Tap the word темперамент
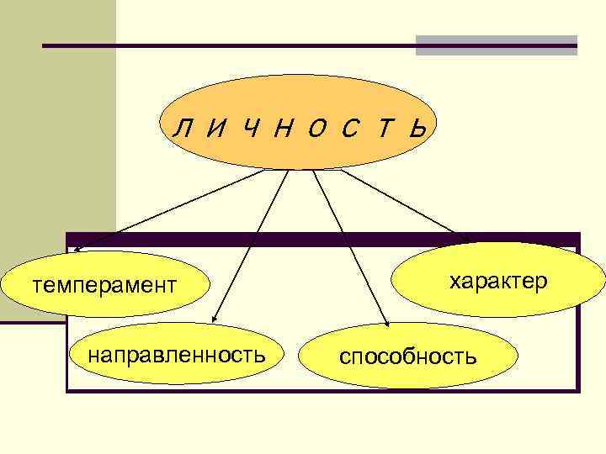pyautogui.click(x=104, y=285)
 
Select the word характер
pyautogui.click(x=498, y=280)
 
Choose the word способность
pyautogui.click(x=408, y=356)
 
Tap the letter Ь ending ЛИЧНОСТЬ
pyautogui.click(x=419, y=129)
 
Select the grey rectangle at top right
pyautogui.click(x=497, y=45)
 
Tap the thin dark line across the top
pyautogui.click(x=227, y=45)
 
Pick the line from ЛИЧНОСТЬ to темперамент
pyautogui.click(x=168, y=210)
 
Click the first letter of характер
pyautogui.click(x=454, y=281)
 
